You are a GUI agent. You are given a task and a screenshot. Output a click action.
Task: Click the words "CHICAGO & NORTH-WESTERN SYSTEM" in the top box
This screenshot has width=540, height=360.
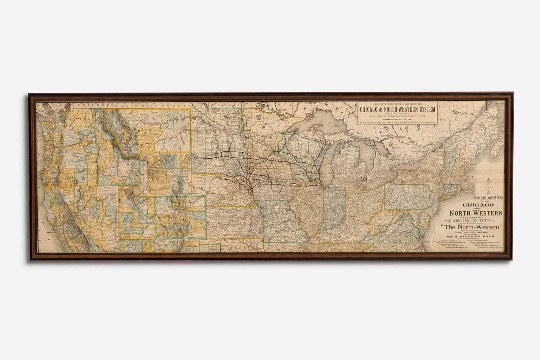tap(397, 109)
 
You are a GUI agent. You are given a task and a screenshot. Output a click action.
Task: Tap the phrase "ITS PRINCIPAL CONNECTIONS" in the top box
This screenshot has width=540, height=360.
tap(397, 116)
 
